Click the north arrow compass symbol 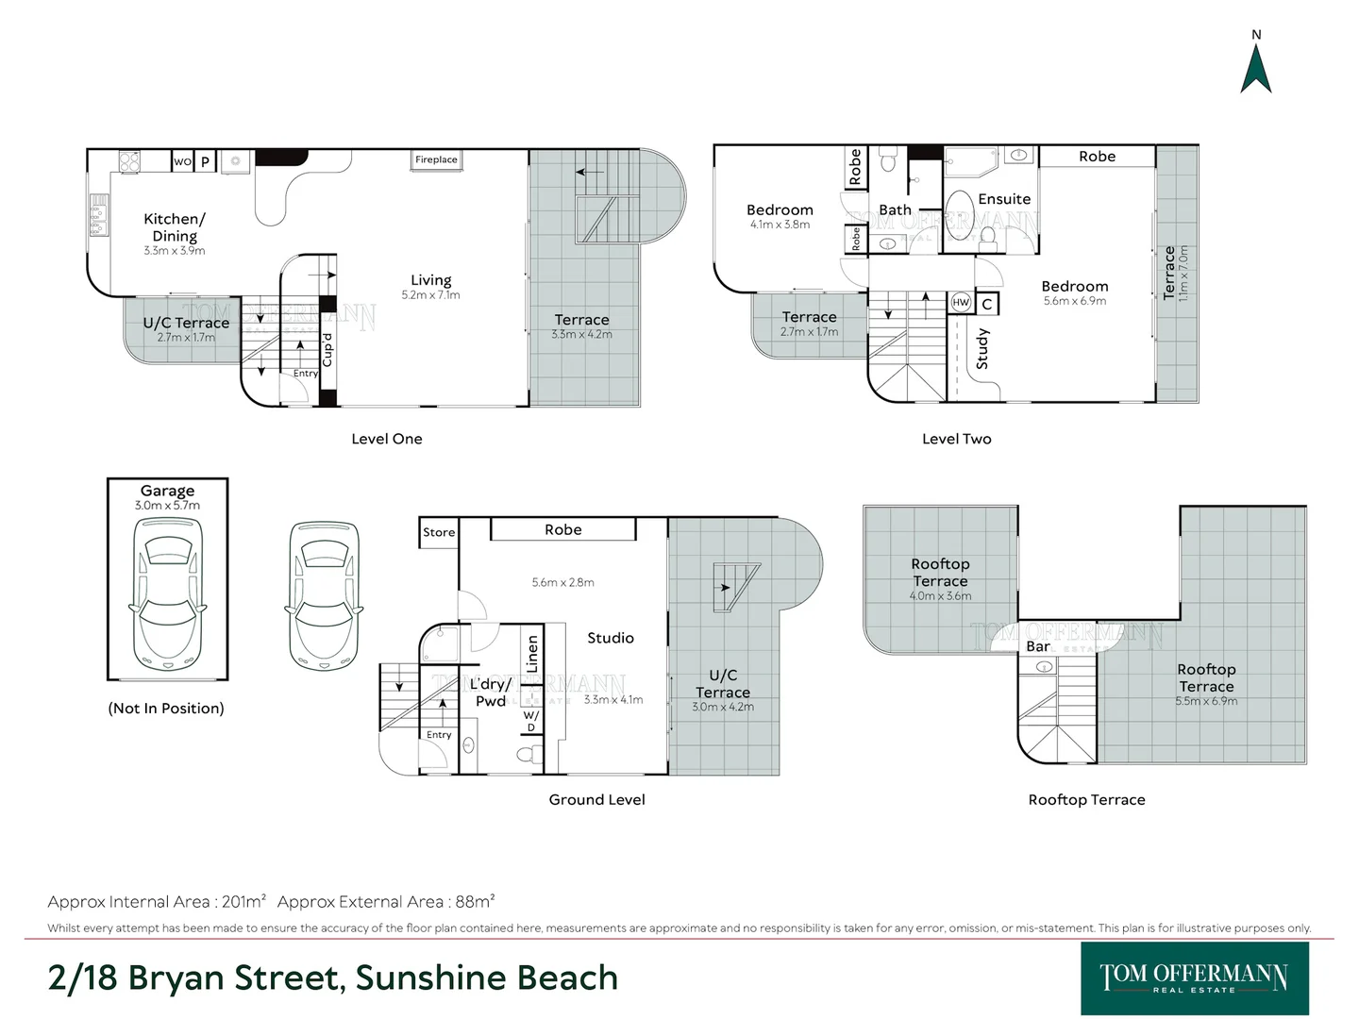(1255, 68)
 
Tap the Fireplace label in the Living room (436, 159)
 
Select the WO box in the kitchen (182, 161)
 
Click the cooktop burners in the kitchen (129, 161)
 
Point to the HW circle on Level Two (961, 303)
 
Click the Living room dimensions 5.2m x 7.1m (430, 295)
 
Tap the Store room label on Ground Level (438, 532)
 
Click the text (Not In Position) (166, 708)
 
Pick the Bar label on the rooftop (1038, 646)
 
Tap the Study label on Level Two (982, 349)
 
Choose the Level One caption (386, 439)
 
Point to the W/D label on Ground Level (531, 721)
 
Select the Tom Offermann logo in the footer (1194, 978)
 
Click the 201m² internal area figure (243, 901)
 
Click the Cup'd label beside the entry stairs (327, 350)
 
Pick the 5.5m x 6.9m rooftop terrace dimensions (1206, 701)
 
